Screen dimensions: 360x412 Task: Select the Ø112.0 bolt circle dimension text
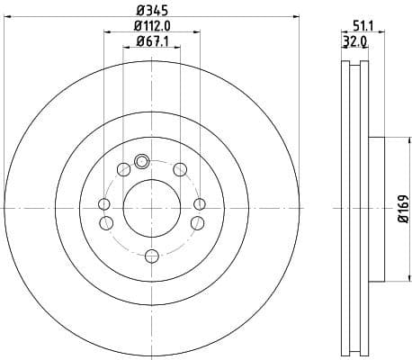tap(152, 25)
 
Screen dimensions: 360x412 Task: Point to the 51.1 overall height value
tap(363, 27)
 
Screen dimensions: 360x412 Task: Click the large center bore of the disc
tap(151, 207)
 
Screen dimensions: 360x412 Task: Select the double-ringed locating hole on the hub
tap(140, 163)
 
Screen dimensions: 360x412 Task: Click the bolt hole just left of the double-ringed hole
tap(122, 169)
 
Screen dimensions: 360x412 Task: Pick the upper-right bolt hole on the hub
tap(180, 169)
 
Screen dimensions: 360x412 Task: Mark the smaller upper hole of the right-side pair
tap(200, 204)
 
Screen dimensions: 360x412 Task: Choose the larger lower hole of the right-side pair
tap(198, 221)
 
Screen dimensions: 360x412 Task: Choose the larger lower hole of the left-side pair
tap(105, 221)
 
